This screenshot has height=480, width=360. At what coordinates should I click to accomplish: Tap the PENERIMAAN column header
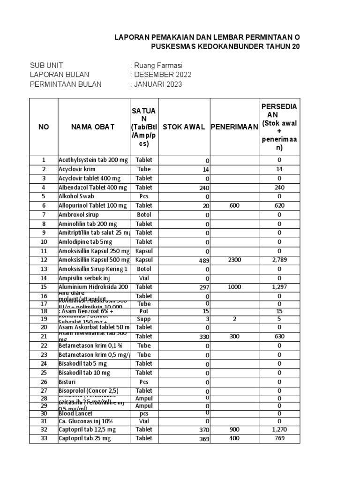[234, 127]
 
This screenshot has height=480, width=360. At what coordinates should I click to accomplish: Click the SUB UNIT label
[47, 65]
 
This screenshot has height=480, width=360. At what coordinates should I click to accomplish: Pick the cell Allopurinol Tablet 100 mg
[92, 205]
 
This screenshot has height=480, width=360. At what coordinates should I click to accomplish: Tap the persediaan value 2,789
[279, 260]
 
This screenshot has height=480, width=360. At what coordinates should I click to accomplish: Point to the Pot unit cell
[144, 311]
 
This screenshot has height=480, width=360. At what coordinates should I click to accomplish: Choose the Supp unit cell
[144, 319]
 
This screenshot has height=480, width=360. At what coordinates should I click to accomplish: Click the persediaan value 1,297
[279, 287]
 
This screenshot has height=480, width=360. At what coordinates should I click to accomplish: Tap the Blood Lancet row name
[76, 413]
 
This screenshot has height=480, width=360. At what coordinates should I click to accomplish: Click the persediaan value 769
[279, 438]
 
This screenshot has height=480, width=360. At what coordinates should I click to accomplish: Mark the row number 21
[44, 336]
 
